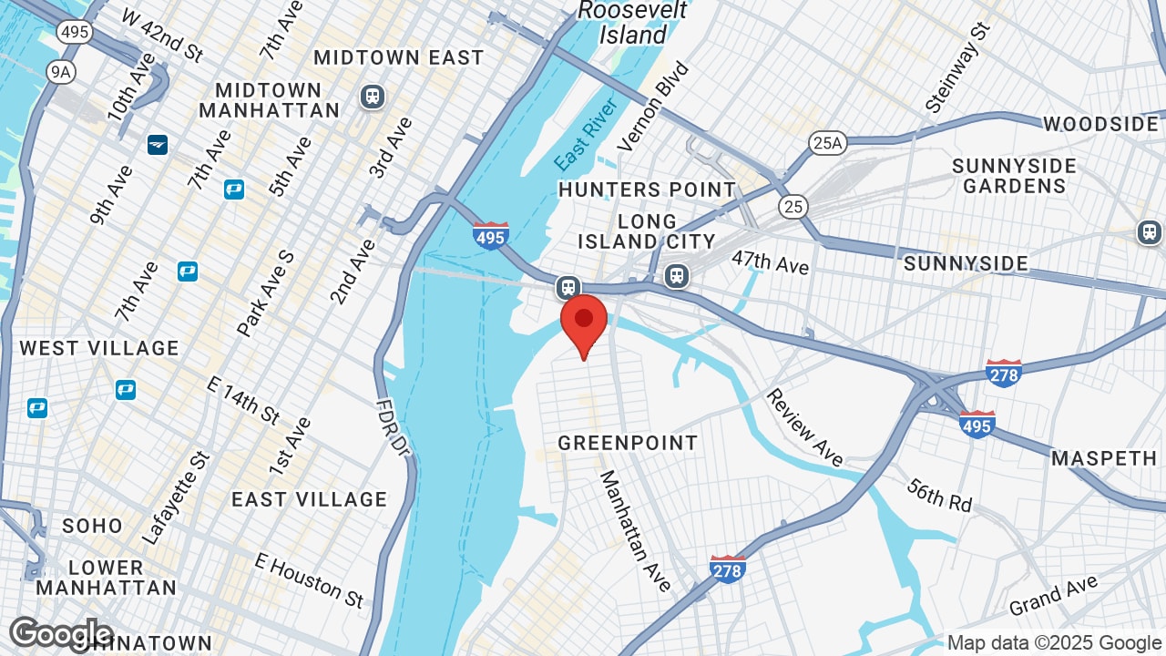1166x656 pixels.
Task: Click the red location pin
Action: coord(584,324)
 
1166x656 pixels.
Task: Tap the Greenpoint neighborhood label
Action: coord(628,444)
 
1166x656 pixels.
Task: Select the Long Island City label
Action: coord(647,231)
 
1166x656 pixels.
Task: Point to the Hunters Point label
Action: coord(647,190)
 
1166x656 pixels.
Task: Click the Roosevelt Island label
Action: coord(633,23)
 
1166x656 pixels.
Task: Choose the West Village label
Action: coord(99,348)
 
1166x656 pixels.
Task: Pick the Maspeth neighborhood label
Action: coord(1104,458)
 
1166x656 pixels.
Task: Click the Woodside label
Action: coord(1100,124)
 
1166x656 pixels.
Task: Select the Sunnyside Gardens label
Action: coord(1014,176)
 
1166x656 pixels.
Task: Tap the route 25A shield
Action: coord(827,142)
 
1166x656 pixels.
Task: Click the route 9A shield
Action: coord(60,73)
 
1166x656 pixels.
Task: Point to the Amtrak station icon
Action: coord(158,144)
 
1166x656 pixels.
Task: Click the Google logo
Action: coord(60,634)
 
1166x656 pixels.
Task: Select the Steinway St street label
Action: coord(956,69)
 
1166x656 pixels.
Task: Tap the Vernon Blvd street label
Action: coord(653,107)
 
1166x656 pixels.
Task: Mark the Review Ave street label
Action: coord(804,426)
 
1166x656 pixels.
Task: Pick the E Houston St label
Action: coord(310,579)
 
